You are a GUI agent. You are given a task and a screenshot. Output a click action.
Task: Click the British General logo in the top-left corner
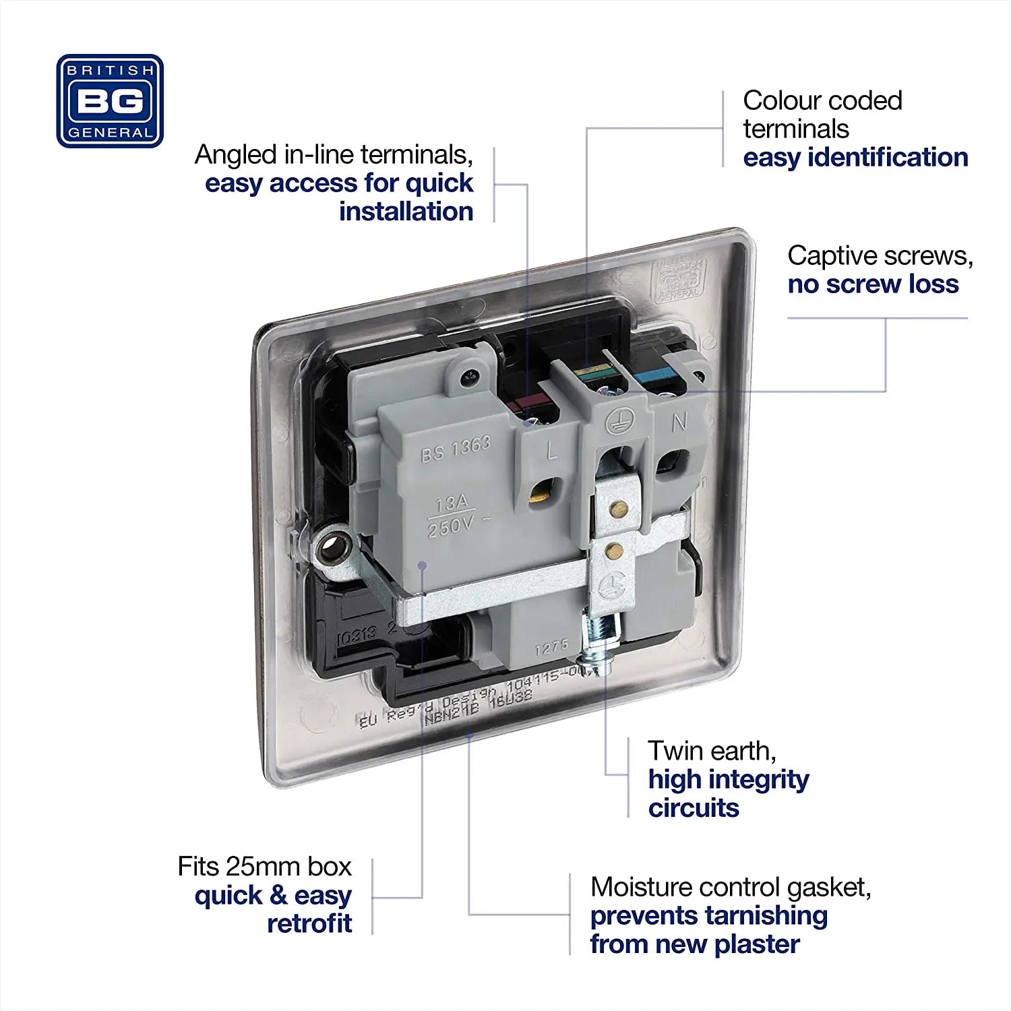(x=110, y=101)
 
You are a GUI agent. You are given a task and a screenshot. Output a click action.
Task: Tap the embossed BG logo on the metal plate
(x=677, y=278)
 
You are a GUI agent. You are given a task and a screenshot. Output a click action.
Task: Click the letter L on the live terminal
(x=552, y=450)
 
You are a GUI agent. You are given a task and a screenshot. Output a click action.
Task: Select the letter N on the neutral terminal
(x=679, y=422)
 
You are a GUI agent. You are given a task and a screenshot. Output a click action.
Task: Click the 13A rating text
(x=452, y=503)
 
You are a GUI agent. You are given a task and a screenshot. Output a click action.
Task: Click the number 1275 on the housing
(x=551, y=648)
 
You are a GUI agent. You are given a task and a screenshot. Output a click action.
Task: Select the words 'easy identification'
(x=855, y=158)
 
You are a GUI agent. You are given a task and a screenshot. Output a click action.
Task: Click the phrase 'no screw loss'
(x=873, y=284)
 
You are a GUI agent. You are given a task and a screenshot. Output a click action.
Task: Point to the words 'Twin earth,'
(x=712, y=751)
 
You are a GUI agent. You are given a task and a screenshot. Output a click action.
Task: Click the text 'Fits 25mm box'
(x=264, y=867)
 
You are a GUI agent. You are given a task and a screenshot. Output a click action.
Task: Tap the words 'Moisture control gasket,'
(x=731, y=888)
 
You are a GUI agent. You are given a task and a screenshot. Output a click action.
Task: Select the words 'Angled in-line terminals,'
(x=334, y=155)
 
